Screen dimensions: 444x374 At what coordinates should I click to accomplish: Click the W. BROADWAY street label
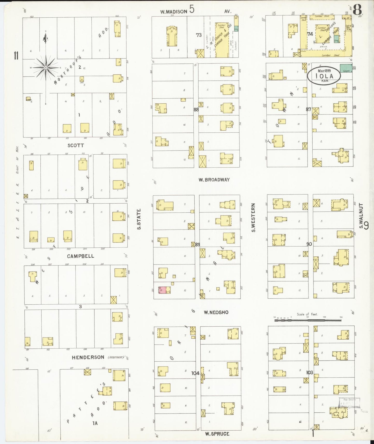[214, 180]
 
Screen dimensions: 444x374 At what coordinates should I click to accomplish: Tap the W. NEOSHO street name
[216, 312]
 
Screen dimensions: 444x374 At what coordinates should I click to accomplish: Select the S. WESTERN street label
[254, 218]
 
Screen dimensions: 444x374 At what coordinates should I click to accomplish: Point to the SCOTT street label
[76, 146]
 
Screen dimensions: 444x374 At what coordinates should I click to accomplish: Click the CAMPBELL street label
[80, 256]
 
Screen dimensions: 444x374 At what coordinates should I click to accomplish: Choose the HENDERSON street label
[88, 357]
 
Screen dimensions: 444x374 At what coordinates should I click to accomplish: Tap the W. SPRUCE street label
[217, 434]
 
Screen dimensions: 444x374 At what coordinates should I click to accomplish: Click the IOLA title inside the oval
[324, 76]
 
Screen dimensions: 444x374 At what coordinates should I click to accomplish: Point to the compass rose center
[46, 68]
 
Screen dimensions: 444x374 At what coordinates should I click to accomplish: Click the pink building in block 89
[162, 290]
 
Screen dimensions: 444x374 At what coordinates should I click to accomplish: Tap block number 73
[199, 35]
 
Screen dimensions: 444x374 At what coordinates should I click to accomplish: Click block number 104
[195, 373]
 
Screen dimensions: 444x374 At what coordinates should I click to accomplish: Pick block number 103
[310, 373]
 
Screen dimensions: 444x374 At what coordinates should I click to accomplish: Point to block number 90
[309, 244]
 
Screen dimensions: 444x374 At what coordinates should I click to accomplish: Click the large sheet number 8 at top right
[357, 10]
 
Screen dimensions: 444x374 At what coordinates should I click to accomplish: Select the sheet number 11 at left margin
[16, 56]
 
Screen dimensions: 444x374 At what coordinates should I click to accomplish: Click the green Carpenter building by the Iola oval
[346, 68]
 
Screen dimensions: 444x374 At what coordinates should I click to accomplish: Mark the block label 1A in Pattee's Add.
[95, 423]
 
